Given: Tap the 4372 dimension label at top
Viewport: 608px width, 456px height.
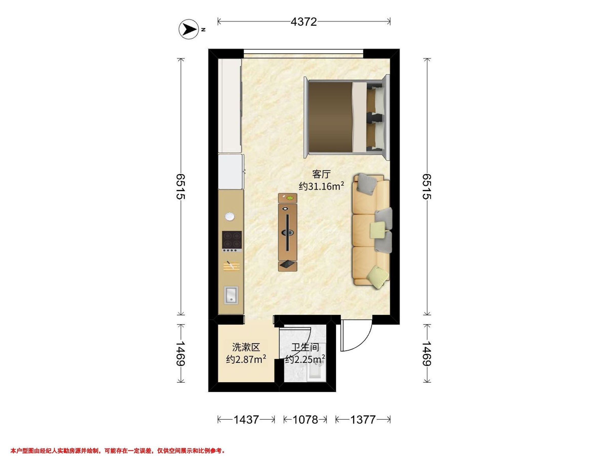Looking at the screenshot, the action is (304, 22).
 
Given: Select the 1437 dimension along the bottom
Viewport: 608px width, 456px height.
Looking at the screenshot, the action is (246, 420).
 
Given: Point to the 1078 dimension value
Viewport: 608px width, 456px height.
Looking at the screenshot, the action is (305, 420).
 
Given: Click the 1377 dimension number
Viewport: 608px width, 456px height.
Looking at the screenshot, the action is (363, 420).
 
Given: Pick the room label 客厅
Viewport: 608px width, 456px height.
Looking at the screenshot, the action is (321, 174).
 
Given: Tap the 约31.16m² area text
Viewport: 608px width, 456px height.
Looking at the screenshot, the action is (321, 186).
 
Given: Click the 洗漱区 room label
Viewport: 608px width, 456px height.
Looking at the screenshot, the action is (246, 347).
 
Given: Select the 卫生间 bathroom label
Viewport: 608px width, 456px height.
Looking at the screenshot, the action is (305, 347).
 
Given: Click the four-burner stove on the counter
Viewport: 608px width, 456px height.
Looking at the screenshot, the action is (232, 241).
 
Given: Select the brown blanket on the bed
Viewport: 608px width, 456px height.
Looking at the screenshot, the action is (330, 118).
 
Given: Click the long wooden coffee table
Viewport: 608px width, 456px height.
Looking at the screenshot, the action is (288, 232).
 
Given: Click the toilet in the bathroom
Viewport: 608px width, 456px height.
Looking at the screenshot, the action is (316, 371).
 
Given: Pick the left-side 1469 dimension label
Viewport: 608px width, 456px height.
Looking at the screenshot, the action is (180, 353).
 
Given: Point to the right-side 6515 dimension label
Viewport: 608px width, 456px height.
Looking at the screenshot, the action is (427, 186).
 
